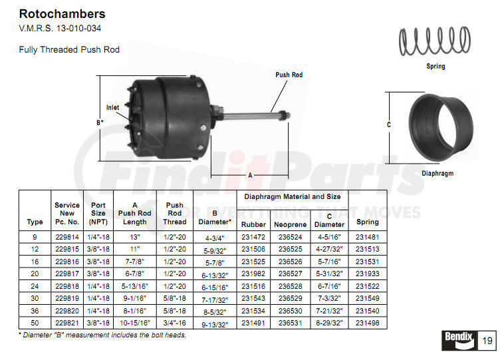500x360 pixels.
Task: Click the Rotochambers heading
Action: point(62,13)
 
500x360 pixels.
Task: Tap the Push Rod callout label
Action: point(289,75)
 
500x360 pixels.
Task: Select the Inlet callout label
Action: point(113,107)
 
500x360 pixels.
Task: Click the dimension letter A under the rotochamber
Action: point(249,175)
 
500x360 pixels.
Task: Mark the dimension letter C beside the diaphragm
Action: point(389,124)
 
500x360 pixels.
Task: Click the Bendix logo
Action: point(458,340)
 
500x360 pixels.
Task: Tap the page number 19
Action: point(486,341)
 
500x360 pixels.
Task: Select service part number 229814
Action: point(66,236)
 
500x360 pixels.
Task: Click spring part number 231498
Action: point(367,323)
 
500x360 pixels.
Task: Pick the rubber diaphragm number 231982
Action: point(253,273)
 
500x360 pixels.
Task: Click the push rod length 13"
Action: point(135,236)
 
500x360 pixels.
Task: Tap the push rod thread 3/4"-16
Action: point(174,323)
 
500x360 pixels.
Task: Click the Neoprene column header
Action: point(290,224)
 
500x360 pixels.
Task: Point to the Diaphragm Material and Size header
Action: point(292,196)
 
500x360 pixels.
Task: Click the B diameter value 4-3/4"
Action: point(214,238)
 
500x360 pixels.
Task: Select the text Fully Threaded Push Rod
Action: point(69,50)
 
